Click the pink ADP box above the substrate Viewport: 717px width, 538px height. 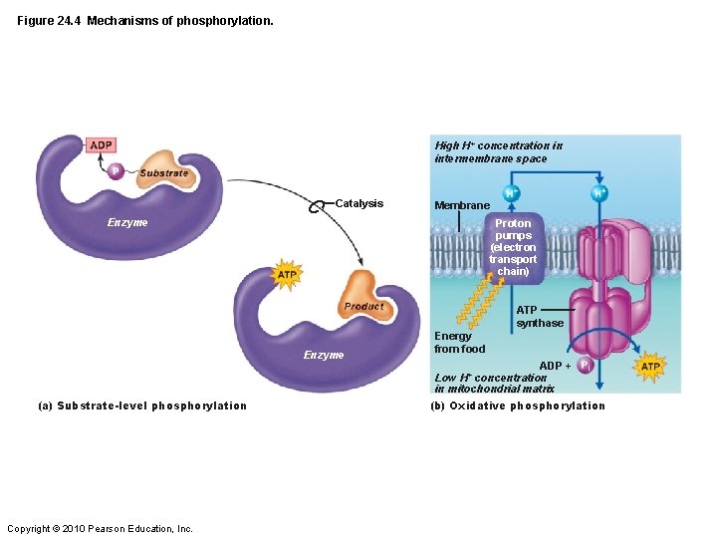point(101,145)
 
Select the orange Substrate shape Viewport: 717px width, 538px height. point(164,170)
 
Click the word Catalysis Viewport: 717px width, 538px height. point(358,203)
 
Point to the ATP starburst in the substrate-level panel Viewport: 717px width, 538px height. point(287,274)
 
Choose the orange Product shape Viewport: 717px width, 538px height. point(361,297)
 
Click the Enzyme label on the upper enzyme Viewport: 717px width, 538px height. point(127,222)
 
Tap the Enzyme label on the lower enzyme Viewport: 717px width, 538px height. point(324,355)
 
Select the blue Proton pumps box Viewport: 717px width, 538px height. point(513,247)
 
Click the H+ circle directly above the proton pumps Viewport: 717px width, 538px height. point(511,193)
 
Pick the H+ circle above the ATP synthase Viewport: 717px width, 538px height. point(600,193)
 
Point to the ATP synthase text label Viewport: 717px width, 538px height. point(540,316)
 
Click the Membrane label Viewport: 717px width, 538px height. point(462,205)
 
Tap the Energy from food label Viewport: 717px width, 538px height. point(460,342)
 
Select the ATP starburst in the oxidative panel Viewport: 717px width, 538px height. point(650,366)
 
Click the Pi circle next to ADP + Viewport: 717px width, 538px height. point(586,366)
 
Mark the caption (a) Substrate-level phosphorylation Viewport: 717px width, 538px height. point(142,405)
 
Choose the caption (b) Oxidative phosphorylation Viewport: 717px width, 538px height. point(518,405)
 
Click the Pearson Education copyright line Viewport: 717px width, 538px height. point(100,528)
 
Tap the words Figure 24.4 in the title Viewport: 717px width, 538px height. point(48,20)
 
